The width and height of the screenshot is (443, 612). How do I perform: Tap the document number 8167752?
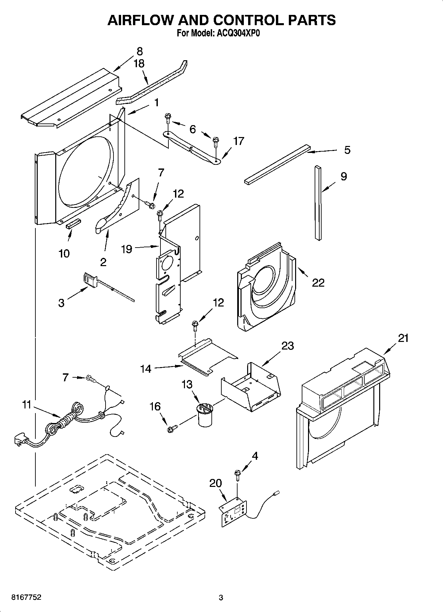coord(26,597)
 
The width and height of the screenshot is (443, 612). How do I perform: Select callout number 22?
coord(318,282)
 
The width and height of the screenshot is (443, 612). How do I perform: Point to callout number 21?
coord(403,338)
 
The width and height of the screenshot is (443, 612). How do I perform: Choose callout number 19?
coord(127,249)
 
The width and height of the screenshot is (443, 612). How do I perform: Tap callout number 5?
coord(347,150)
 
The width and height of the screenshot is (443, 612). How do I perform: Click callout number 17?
coord(239,141)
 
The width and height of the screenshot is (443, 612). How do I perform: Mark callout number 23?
coord(288,346)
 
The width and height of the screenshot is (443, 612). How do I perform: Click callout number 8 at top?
coord(140,51)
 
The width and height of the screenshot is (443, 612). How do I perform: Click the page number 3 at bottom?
coord(221,597)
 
